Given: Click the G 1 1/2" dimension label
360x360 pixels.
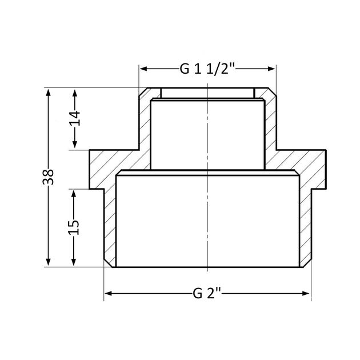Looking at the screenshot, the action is pos(207,69).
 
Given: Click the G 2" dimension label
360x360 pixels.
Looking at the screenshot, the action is pos(207,293).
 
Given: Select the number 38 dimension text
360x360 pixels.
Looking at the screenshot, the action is pos(48,177).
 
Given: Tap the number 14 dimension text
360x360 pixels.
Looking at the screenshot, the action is pos(75,118).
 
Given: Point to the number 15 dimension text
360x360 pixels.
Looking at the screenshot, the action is pos(74,227).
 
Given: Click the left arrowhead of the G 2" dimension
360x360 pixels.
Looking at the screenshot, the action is pos(108,293).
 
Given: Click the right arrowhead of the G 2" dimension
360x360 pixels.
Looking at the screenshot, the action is pos(306,293).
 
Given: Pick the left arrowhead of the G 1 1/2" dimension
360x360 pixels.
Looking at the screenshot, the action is pos(144,69).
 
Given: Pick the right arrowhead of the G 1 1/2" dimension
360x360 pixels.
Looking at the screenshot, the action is pos(271,69).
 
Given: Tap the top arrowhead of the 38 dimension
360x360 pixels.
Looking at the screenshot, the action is pos(48,93).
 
